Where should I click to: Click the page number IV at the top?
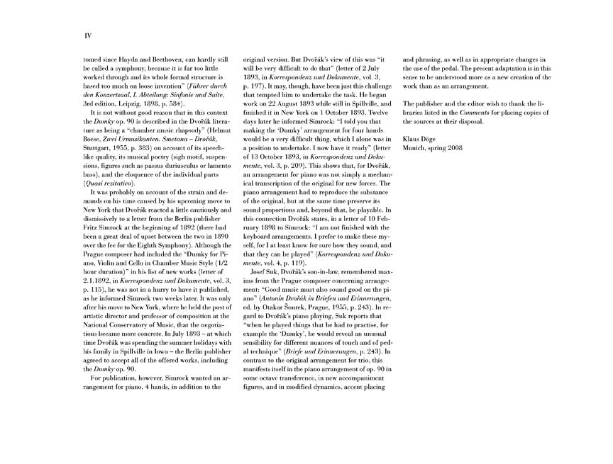(88, 34)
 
